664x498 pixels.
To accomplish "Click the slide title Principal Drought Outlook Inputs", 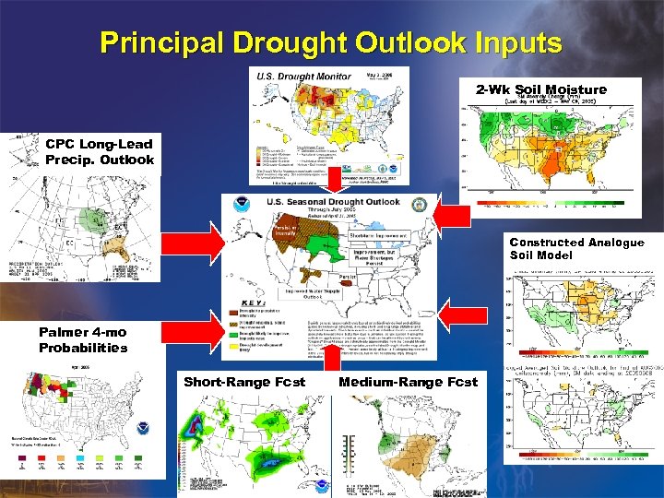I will coord(331,42).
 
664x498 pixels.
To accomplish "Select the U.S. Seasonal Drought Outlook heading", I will coord(333,202).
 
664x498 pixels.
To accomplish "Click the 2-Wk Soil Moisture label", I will coord(541,89).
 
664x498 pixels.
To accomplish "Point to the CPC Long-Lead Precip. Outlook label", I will coord(100,151).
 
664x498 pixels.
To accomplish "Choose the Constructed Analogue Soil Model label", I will coord(576,248).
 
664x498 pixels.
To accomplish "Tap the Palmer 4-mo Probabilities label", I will coord(83,339).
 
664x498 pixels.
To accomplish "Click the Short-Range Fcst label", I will coord(244,381).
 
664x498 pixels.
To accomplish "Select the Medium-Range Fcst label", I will coord(409,381).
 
